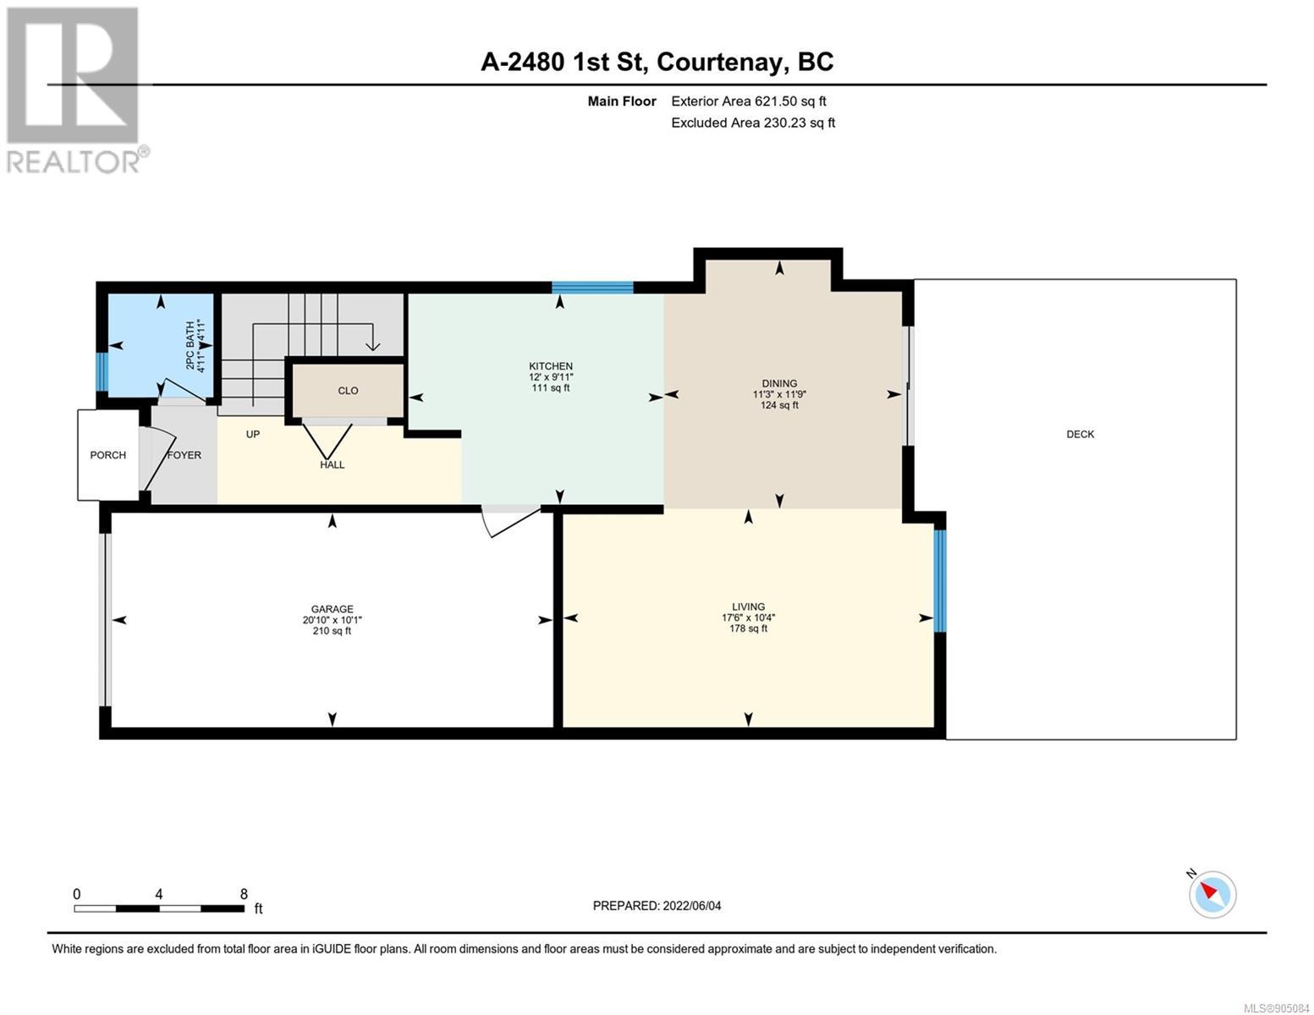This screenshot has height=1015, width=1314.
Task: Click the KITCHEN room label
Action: [550, 365]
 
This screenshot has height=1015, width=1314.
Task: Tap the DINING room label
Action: [779, 383]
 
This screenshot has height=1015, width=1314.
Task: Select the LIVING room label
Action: [748, 606]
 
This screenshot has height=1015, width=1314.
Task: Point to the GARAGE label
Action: [332, 609]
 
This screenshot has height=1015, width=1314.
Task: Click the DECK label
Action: [1080, 434]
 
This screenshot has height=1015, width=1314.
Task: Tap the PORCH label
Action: [107, 454]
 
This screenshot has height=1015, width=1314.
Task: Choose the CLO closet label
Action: [348, 391]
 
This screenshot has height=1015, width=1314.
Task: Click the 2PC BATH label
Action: [190, 346]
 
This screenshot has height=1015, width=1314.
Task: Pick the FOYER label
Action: [184, 454]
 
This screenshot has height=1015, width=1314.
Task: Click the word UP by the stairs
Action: [253, 434]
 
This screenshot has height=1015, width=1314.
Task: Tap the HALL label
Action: [332, 464]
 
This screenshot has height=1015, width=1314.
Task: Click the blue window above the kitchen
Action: [592, 287]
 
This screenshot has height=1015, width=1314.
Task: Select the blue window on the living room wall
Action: [940, 580]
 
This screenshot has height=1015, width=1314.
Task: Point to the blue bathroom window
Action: [102, 371]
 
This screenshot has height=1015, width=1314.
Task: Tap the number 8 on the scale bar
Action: [244, 894]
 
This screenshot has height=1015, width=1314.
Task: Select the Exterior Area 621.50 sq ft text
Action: [749, 101]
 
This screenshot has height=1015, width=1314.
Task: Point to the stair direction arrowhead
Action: [373, 346]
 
